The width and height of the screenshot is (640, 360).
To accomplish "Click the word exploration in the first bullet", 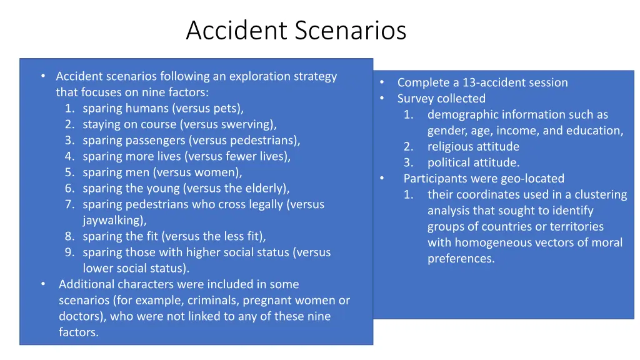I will coord(260,76).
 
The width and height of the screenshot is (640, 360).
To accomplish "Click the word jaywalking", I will coord(113,220).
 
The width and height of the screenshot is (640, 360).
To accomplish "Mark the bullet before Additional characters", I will coord(43,284).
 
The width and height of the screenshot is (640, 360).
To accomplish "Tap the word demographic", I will coord(462,114).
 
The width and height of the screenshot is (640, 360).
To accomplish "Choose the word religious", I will coord(452,146).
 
